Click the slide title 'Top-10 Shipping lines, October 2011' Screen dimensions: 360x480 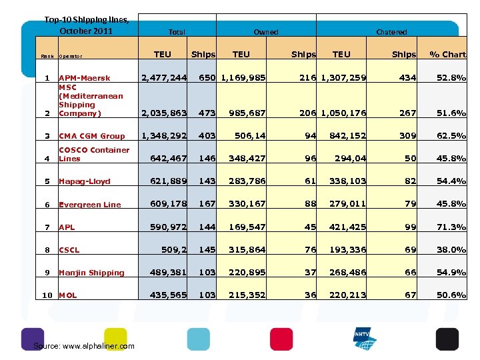[87, 25]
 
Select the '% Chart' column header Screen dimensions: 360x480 [447, 55]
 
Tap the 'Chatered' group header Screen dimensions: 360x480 [391, 32]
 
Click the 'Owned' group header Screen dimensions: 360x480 [265, 32]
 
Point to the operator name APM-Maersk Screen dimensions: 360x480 [85, 79]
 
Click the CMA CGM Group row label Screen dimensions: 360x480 [91, 136]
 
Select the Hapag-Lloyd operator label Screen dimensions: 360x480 [85, 181]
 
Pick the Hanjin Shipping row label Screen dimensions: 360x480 [91, 273]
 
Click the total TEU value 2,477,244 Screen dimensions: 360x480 [163, 78]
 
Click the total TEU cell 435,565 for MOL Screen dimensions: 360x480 [168, 295]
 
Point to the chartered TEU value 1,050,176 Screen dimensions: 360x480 [343, 113]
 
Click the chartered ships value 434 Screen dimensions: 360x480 [407, 78]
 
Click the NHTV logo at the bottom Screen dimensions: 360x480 [365, 339]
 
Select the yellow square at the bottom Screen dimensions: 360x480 [115, 339]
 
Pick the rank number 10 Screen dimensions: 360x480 [47, 295]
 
